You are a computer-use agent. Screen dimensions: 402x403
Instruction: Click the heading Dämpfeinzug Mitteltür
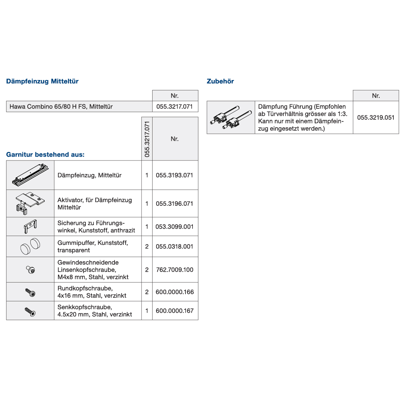42,82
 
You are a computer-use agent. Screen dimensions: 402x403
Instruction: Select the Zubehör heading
221,82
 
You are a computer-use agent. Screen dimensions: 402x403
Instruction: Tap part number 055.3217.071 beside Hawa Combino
175,107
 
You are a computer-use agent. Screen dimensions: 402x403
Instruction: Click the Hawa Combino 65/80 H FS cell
61,107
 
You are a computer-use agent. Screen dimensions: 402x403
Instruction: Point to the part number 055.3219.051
376,118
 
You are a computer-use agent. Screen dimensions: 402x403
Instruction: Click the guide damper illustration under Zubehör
230,117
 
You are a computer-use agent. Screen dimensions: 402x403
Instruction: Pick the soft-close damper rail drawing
30,175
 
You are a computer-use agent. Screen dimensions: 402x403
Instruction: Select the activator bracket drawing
30,203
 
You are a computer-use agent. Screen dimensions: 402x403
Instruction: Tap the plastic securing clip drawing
30,226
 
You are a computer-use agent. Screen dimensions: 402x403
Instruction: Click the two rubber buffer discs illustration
30,246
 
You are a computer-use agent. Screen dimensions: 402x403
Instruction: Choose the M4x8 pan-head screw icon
30,270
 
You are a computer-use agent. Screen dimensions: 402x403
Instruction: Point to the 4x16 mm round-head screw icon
30,292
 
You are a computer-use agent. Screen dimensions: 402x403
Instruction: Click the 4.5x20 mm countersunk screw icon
30,311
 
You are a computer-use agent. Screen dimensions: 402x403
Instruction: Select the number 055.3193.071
174,175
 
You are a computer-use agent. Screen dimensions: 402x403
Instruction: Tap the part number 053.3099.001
174,227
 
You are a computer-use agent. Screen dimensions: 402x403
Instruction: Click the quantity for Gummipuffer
147,246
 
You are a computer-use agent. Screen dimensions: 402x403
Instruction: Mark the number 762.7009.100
174,270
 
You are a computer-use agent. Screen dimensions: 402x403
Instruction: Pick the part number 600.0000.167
174,311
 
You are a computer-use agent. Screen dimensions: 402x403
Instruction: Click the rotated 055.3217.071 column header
147,139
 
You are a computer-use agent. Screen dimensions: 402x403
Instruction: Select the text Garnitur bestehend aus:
45,155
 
